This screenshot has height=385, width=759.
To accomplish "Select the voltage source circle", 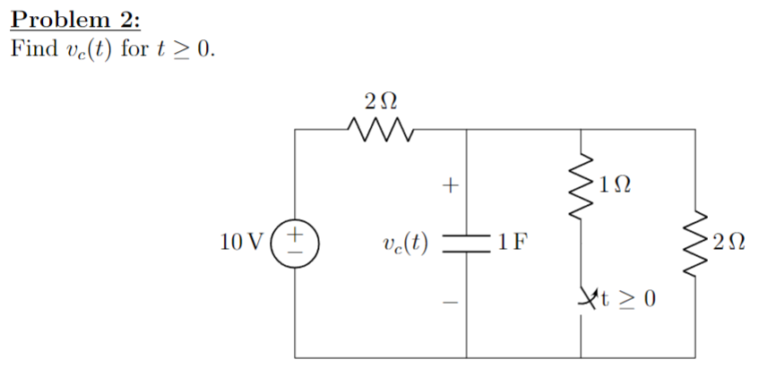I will pyautogui.click(x=296, y=242).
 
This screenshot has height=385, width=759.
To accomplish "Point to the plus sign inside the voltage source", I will pyautogui.click(x=296, y=234).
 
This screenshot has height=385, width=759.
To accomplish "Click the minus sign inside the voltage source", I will pyautogui.click(x=296, y=252).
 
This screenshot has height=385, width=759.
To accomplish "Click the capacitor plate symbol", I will pyautogui.click(x=465, y=242).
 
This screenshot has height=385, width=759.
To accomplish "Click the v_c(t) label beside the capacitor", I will pyautogui.click(x=404, y=242).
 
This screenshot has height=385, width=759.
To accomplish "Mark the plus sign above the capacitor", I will pyautogui.click(x=451, y=186).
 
